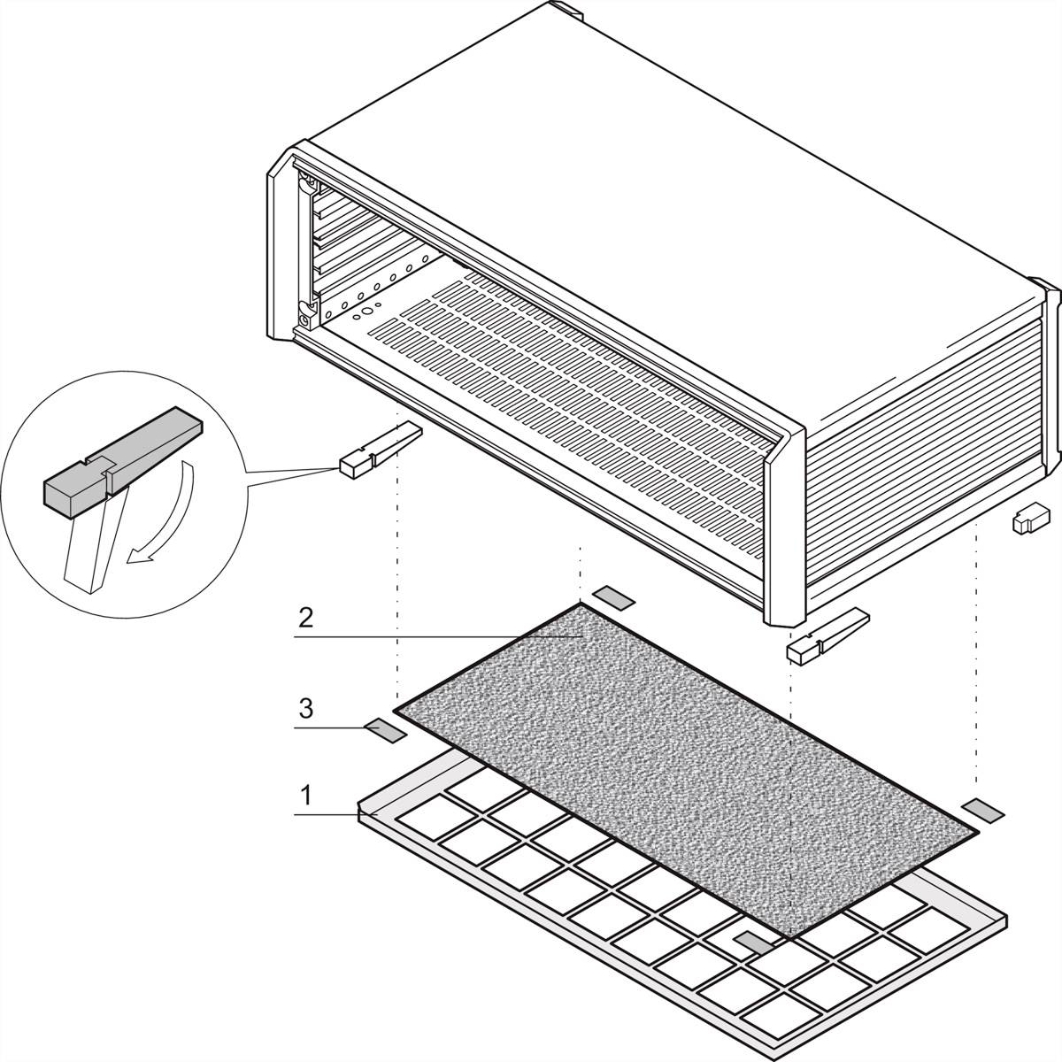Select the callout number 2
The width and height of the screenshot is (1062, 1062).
305,618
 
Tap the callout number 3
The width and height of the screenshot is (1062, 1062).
305,708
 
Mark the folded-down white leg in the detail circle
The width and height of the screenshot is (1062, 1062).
88,549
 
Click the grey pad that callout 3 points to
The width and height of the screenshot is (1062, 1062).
385,730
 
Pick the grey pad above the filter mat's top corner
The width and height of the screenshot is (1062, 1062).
613,598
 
